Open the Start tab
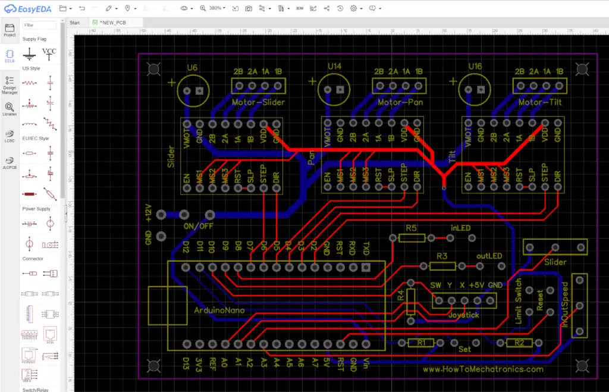75,23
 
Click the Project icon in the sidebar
10,30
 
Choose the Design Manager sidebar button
10,84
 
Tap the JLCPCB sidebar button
10,162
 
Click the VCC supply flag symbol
49,54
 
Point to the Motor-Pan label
398,102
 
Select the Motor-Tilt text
539,102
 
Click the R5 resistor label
412,228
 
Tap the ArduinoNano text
219,311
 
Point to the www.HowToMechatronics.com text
483,369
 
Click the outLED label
489,256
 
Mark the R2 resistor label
519,343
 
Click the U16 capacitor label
475,67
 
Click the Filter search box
40,25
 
